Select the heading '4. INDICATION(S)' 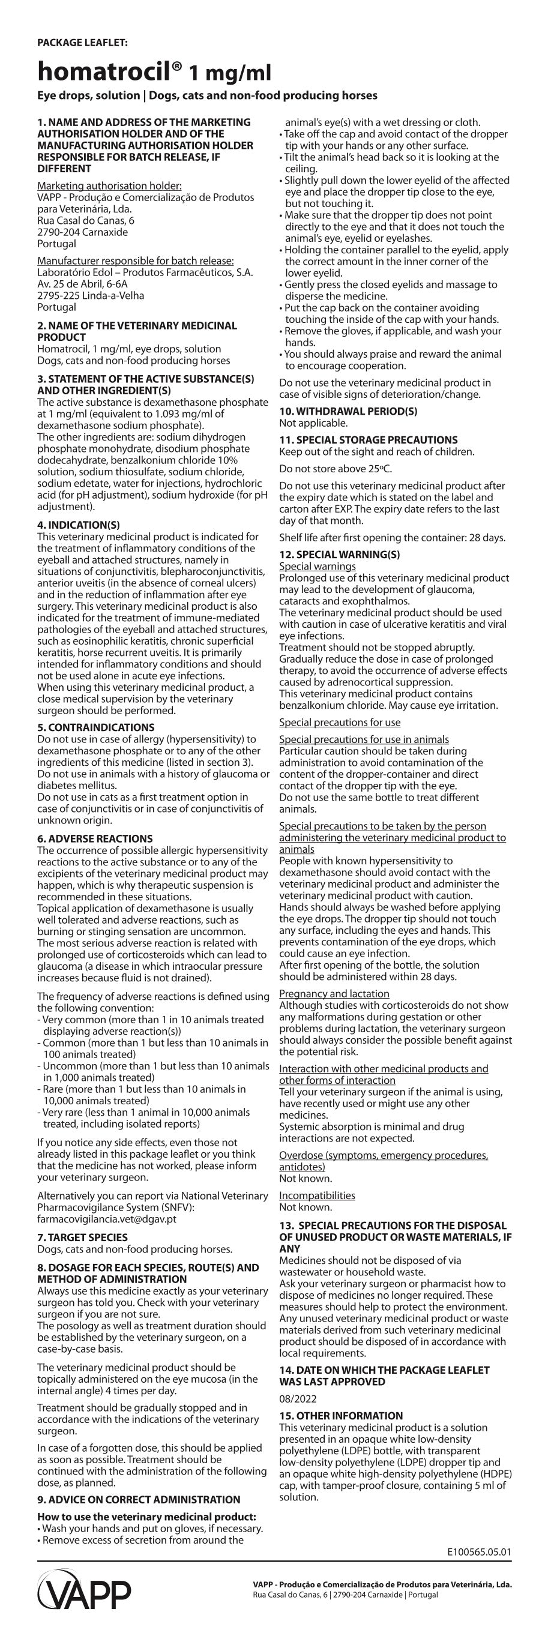tap(79, 525)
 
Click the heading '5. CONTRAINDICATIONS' tap(95, 727)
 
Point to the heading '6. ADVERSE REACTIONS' tap(95, 838)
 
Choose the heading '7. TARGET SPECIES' tap(82, 1238)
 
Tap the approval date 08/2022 tap(298, 1398)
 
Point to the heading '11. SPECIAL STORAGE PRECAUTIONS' tap(369, 440)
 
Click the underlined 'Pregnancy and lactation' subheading tap(334, 993)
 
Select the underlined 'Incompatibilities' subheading tap(317, 1195)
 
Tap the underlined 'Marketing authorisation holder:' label tap(110, 185)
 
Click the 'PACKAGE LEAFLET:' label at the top tap(82, 43)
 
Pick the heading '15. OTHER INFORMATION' tap(341, 1416)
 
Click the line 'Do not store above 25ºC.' tap(336, 469)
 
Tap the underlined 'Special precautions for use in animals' tap(364, 739)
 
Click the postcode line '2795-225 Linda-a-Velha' tap(91, 295)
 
